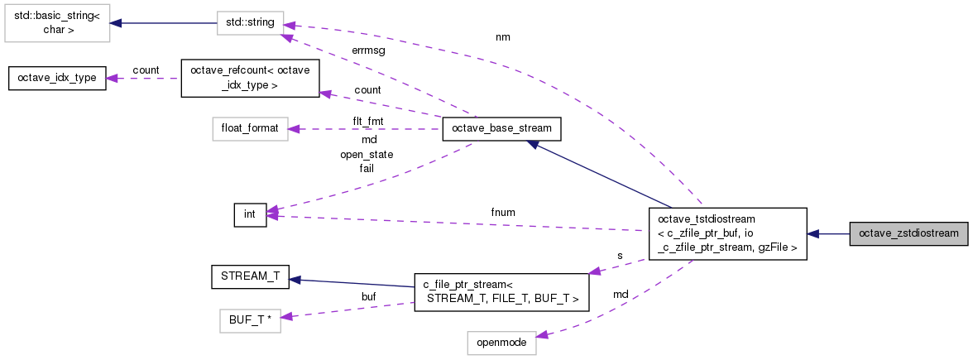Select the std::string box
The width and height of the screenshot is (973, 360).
250,23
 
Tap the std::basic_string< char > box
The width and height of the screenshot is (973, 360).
57,23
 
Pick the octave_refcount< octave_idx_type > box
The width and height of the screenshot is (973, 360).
250,78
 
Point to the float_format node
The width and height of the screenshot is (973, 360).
250,128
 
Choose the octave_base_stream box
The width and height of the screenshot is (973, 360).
501,128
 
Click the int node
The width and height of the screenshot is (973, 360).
250,215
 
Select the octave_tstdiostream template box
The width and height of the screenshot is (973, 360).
727,233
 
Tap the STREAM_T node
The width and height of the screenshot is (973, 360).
250,276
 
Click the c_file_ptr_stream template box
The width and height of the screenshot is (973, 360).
501,292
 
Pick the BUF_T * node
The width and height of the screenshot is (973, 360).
250,320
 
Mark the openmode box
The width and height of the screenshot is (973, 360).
501,343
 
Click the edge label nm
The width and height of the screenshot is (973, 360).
503,37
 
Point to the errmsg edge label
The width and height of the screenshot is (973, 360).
368,51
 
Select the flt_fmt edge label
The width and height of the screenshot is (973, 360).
368,121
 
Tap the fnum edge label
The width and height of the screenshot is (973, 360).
503,212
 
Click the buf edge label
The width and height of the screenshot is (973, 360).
369,296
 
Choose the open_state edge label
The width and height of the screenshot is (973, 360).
367,154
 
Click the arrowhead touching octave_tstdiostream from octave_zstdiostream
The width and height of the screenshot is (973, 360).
812,233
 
